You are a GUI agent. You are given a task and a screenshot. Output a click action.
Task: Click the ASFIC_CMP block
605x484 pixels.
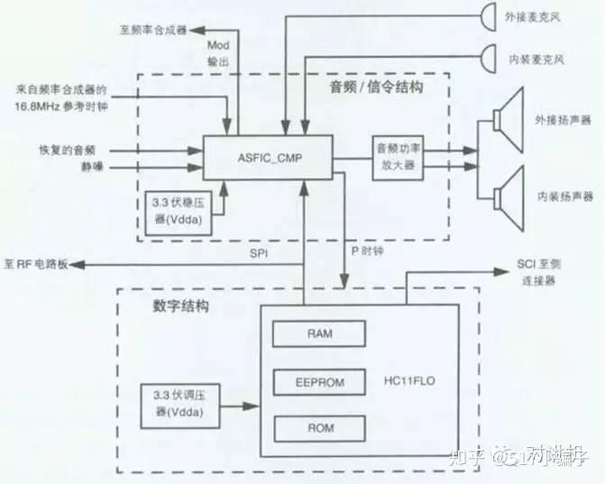(x=266, y=159)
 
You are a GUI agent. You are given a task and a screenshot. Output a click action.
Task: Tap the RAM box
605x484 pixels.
(x=319, y=333)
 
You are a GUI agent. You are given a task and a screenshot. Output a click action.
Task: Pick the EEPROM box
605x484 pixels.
(x=319, y=381)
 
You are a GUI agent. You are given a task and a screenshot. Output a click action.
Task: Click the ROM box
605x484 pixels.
(x=319, y=427)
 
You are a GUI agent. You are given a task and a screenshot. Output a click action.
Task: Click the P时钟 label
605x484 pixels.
(x=368, y=254)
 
